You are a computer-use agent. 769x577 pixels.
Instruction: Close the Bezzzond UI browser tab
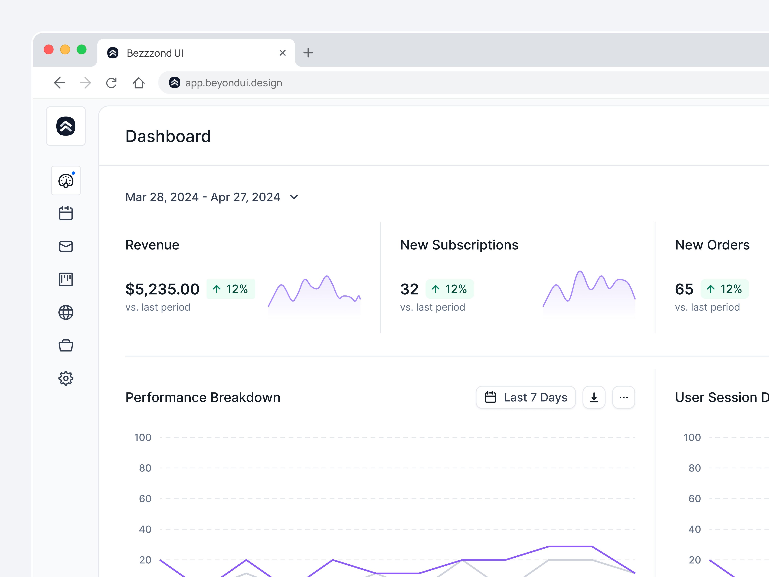pyautogui.click(x=283, y=53)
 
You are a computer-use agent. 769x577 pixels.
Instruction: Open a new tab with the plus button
pyautogui.click(x=308, y=53)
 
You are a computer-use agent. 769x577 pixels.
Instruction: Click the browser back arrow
pyautogui.click(x=60, y=83)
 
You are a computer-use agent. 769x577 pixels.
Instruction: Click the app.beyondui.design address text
pyautogui.click(x=234, y=83)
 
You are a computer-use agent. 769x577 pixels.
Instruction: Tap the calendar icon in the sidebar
pyautogui.click(x=66, y=213)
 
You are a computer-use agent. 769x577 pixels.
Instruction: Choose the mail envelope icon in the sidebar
pyautogui.click(x=66, y=246)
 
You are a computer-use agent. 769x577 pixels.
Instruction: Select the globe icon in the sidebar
pyautogui.click(x=66, y=312)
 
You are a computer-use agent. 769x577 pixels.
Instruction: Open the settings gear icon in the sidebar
pyautogui.click(x=66, y=378)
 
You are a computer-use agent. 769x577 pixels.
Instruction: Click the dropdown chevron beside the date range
pyautogui.click(x=294, y=197)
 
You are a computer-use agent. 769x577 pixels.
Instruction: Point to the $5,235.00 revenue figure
pyautogui.click(x=162, y=289)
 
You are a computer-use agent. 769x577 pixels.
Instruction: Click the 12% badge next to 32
pyautogui.click(x=449, y=289)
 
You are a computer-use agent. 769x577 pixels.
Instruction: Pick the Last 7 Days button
pyautogui.click(x=526, y=397)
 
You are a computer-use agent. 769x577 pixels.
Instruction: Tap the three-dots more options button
pyautogui.click(x=624, y=397)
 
